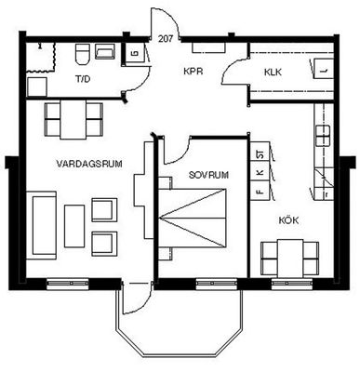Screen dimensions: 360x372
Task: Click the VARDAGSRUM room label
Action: coord(89,164)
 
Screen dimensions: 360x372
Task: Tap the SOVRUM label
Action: coord(208,175)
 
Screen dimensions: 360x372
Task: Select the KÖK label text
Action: coord(288,220)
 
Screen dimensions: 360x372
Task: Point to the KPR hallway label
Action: coord(193,72)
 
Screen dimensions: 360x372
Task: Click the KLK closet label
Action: coord(273,73)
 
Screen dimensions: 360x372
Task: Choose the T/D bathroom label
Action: coord(83,79)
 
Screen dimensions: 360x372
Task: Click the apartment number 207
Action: coord(165,39)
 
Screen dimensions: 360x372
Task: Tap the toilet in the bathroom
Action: coord(83,54)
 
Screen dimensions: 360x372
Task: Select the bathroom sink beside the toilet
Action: coord(105,51)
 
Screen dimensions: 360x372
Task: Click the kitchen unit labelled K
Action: coord(260,171)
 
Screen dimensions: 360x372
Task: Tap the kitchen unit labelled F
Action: coord(260,191)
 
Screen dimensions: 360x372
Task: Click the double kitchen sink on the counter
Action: coord(323,136)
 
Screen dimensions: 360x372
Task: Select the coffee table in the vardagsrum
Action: coord(74,226)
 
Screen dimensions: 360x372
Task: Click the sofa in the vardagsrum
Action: coord(41,225)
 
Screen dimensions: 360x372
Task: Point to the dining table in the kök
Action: coord(290,259)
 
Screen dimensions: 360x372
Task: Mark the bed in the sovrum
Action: coord(192,218)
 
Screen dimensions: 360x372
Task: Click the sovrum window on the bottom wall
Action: coord(217,284)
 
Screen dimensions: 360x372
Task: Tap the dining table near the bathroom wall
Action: coord(73,120)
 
